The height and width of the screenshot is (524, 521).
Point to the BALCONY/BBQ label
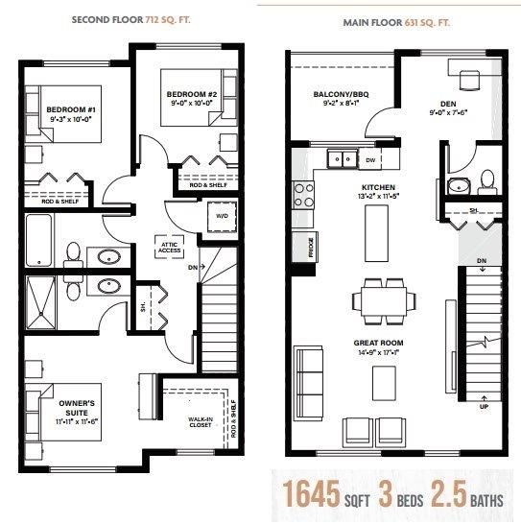point(332,94)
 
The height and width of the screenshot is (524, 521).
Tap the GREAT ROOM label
point(377,343)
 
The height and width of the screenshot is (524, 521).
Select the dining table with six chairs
point(384,298)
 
